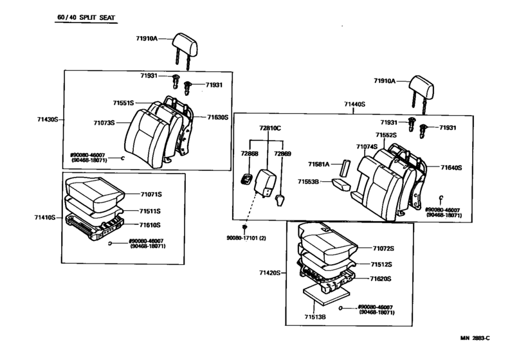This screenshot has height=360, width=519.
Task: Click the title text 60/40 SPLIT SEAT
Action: point(86,17)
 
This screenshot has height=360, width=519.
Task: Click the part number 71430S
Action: point(48,119)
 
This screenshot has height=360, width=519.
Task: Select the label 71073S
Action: point(104,123)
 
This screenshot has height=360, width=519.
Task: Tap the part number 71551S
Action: point(123,103)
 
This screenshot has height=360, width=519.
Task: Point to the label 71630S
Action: point(218,117)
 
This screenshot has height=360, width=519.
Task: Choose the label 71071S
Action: point(151,194)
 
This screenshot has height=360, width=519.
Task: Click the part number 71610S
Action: point(150,225)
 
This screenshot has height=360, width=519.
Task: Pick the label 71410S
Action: point(44,217)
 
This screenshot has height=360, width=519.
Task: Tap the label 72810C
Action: point(270,128)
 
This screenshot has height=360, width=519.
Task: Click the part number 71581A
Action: point(319,164)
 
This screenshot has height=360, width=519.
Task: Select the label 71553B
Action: point(308,182)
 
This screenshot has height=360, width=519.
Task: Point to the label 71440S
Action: point(354,104)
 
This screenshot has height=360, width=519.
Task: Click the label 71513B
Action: point(315,317)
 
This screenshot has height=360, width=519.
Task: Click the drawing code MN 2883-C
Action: point(475,338)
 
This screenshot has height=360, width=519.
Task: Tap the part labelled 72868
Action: point(246,179)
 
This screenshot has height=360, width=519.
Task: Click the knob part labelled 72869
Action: point(280,200)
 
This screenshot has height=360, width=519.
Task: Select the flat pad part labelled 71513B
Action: point(326,296)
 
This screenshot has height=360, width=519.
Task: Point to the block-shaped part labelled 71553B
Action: point(341,184)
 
